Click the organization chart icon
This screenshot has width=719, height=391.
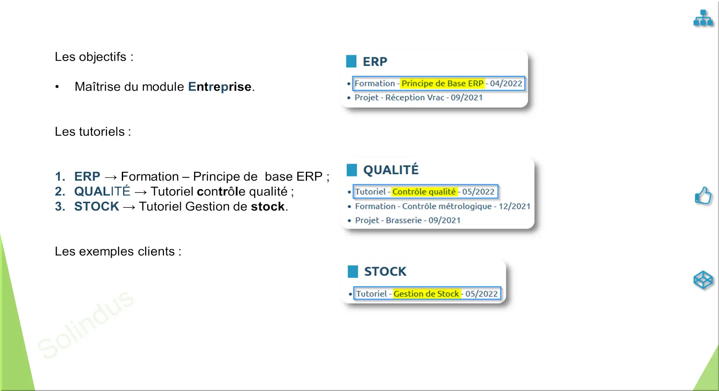click(x=703, y=18)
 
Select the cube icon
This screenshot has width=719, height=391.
click(x=703, y=280)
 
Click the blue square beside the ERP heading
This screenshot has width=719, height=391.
click(x=351, y=61)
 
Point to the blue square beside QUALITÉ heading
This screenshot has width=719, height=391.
click(x=352, y=170)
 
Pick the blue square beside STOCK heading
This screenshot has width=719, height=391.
click(x=353, y=271)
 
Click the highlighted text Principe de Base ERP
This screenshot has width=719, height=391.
click(x=442, y=83)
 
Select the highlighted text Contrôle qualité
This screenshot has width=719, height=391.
click(x=424, y=192)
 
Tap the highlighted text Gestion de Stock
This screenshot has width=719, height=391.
click(x=426, y=294)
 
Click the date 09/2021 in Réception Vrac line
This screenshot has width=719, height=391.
click(x=467, y=98)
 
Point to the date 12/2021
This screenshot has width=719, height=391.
click(x=514, y=206)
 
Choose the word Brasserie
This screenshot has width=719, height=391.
click(x=403, y=220)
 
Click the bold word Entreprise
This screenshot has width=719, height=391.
click(x=220, y=87)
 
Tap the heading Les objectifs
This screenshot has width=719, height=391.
click(x=94, y=57)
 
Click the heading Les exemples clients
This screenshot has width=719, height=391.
click(x=118, y=251)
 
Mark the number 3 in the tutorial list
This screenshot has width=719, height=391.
click(x=59, y=207)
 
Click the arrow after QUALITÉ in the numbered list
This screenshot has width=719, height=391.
click(x=140, y=192)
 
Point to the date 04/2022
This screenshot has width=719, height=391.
click(x=506, y=83)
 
